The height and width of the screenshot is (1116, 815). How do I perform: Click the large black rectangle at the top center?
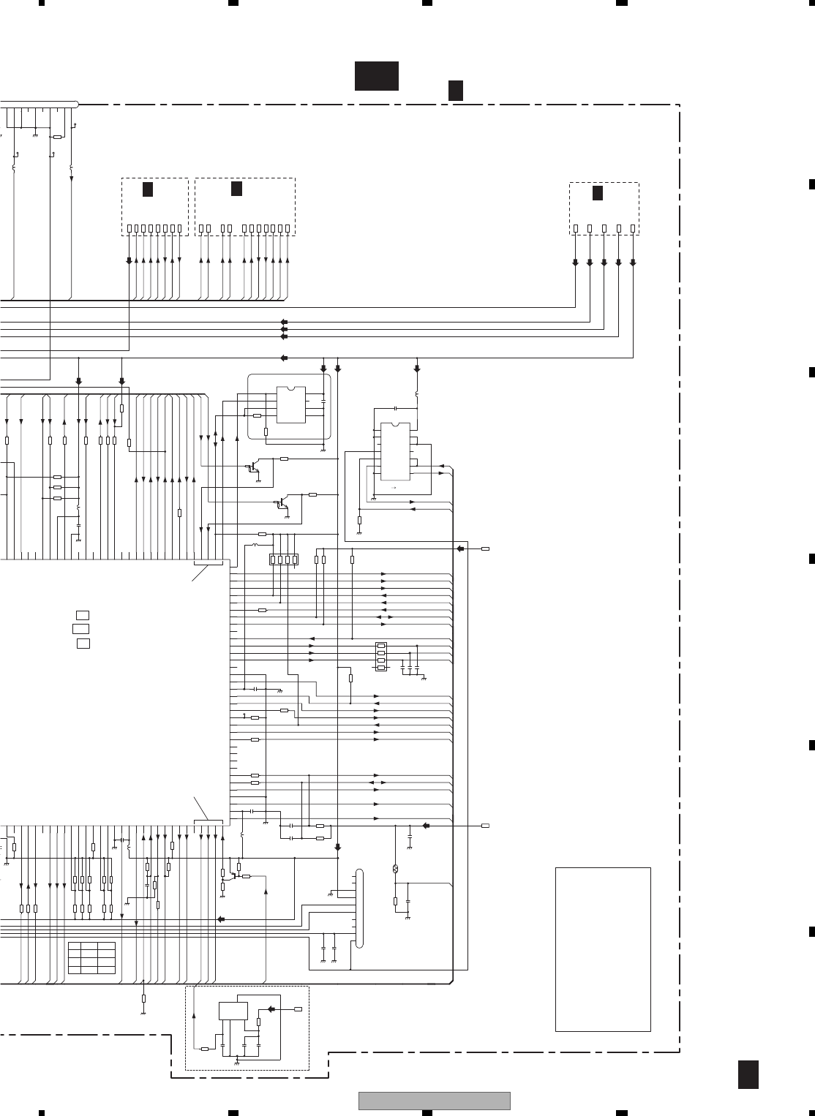click(376, 76)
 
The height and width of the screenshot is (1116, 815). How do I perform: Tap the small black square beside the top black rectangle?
click(455, 90)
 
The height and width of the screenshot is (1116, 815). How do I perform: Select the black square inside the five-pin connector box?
click(597, 193)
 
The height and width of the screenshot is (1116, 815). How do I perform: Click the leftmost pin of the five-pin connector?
click(575, 229)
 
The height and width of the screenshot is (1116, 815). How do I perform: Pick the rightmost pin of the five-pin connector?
click(633, 229)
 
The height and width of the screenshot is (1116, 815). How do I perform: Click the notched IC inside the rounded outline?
click(291, 404)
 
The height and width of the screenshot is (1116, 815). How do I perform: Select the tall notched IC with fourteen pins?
click(395, 450)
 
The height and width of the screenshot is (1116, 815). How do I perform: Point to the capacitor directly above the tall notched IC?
click(395, 407)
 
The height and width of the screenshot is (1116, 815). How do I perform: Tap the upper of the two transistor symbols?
click(252, 467)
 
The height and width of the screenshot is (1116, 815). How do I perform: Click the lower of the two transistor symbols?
click(282, 504)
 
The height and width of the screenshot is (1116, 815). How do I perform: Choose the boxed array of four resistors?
click(284, 559)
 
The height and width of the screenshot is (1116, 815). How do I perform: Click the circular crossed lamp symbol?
click(395, 868)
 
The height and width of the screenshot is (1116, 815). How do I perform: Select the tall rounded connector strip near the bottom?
click(358, 908)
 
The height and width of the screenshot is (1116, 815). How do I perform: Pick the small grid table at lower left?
click(91, 958)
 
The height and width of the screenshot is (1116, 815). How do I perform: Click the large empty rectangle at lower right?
click(603, 949)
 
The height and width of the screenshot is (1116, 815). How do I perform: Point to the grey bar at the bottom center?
click(434, 1101)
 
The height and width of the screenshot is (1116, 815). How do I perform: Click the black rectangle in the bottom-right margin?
click(748, 1074)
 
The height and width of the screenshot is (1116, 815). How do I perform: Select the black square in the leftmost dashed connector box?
click(147, 189)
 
